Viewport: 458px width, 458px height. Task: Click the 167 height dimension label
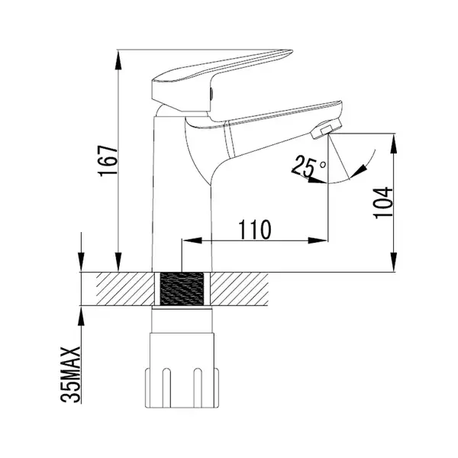(108, 161)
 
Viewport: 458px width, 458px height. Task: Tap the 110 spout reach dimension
(255, 229)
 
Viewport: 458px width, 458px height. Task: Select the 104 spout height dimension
(383, 202)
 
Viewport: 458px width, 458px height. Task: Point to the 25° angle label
(310, 167)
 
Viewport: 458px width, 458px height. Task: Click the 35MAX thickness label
(71, 375)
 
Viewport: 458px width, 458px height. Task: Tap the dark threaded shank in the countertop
(182, 289)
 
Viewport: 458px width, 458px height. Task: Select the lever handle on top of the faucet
(221, 81)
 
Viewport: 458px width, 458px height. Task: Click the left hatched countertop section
(125, 289)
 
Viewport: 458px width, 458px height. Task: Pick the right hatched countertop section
(240, 289)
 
